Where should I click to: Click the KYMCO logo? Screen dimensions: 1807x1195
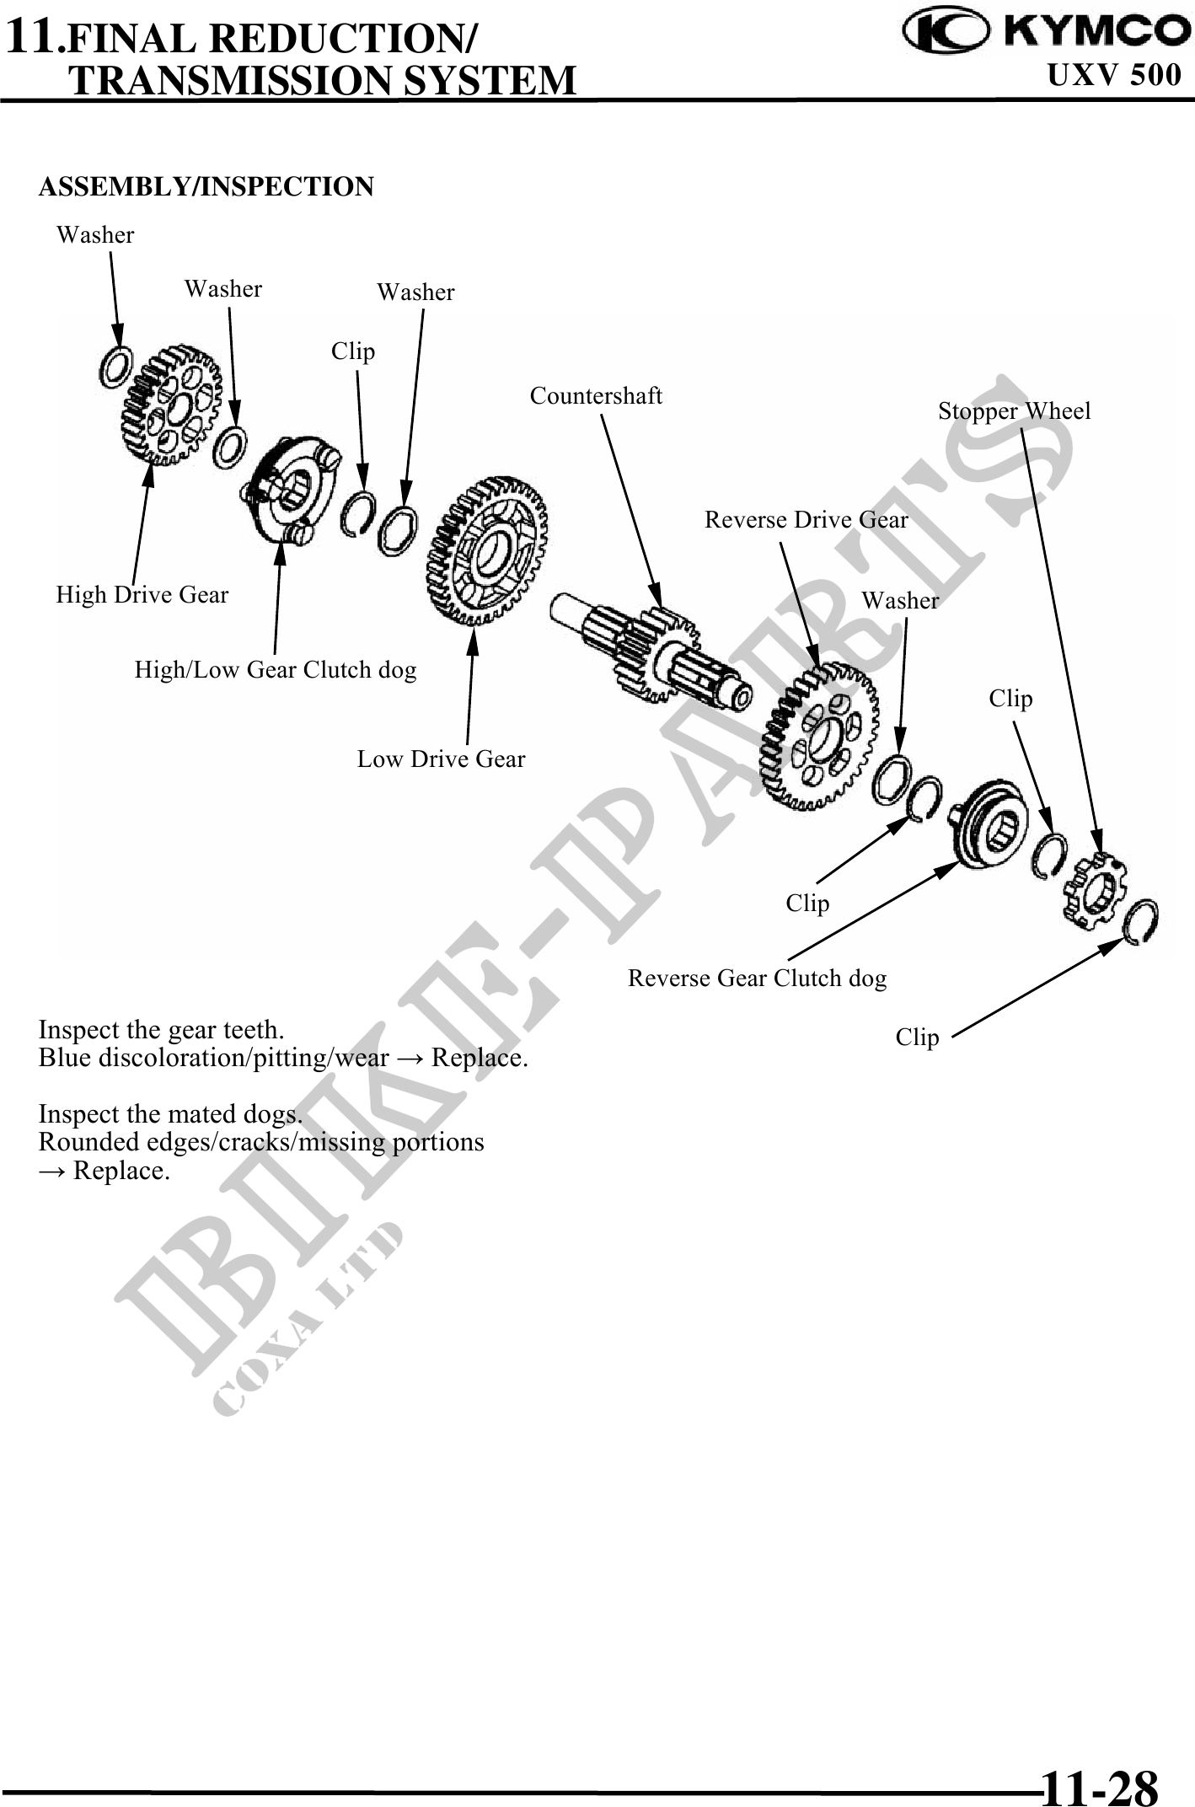pos(1045,31)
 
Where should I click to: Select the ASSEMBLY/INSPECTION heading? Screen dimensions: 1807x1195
pos(206,186)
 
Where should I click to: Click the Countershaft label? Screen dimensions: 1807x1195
pos(596,395)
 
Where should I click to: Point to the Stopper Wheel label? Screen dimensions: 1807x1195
pos(1014,410)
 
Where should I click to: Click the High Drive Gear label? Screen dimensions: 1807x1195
pos(142,594)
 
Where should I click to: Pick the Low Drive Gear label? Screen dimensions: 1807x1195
pos(441,759)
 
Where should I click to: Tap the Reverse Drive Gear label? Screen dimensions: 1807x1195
pos(806,519)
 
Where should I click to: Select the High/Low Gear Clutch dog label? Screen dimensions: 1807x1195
pos(276,669)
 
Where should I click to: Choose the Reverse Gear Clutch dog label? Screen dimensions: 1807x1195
pos(757,978)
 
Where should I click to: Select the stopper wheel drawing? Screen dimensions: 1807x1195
pos(1094,890)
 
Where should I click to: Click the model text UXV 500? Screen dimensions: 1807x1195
pos(1114,75)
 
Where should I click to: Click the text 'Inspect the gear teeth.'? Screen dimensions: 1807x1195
pos(162,1029)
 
